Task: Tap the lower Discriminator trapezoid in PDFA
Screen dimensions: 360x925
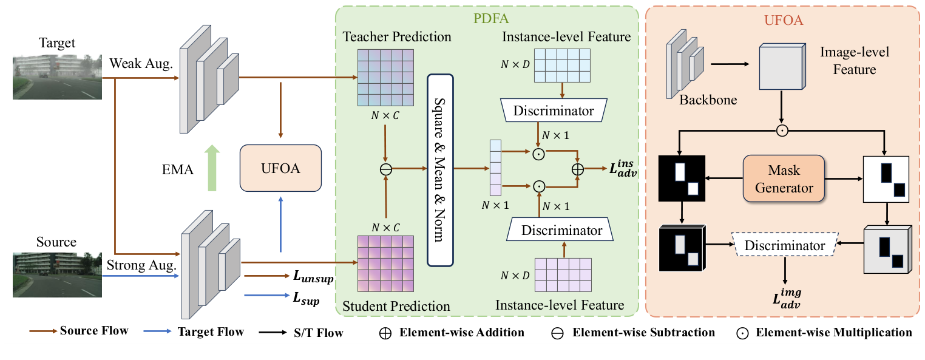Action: (x=562, y=230)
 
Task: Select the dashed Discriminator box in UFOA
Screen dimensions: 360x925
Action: (x=784, y=245)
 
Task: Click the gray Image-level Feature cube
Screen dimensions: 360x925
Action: (x=782, y=70)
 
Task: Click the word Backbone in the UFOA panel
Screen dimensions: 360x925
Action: (x=708, y=100)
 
